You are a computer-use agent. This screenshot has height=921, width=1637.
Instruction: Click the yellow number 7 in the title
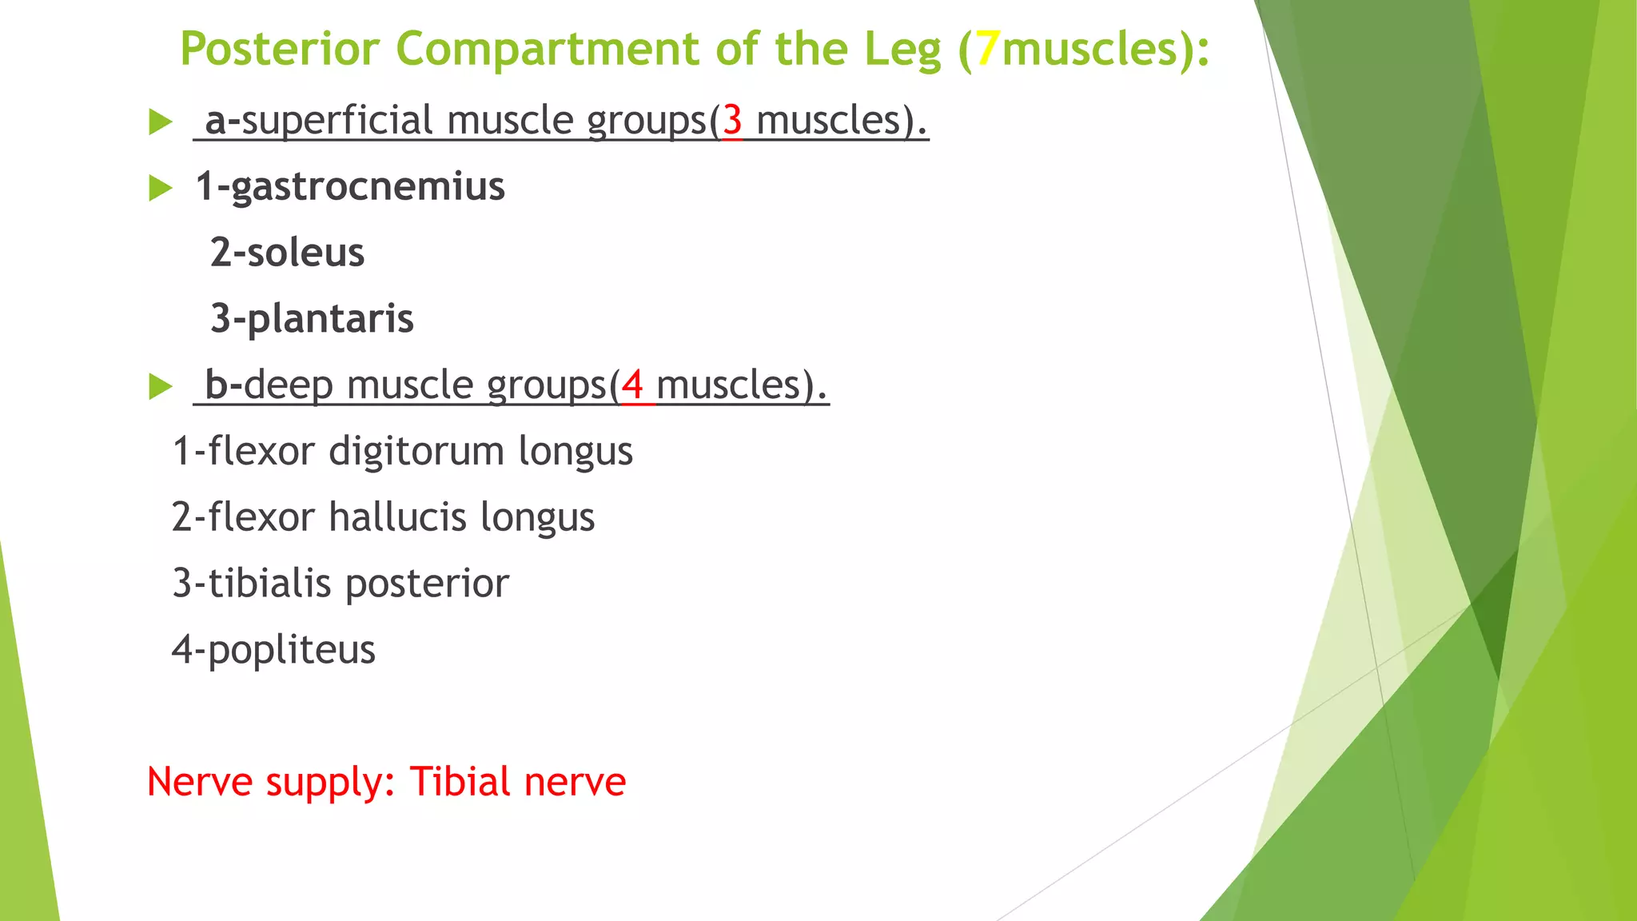(x=988, y=49)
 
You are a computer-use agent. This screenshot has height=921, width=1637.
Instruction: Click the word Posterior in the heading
(x=279, y=49)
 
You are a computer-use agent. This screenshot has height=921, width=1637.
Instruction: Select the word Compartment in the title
(x=548, y=49)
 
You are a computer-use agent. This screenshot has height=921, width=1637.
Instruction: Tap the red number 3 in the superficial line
(x=732, y=121)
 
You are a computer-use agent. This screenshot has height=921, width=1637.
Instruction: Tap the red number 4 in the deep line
(x=632, y=385)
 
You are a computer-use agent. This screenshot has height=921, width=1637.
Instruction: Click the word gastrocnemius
(x=368, y=187)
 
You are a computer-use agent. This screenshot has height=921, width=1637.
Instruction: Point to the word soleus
(x=305, y=253)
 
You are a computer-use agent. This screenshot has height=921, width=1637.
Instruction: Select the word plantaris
(x=330, y=319)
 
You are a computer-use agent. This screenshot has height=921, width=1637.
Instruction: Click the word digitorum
(x=416, y=451)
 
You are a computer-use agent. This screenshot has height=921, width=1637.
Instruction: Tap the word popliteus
(x=291, y=649)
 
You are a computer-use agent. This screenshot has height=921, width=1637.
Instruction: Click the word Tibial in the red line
(x=460, y=781)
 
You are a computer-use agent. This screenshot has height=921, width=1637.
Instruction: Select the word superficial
(x=337, y=121)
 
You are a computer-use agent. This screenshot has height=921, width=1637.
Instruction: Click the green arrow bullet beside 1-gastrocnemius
(x=161, y=189)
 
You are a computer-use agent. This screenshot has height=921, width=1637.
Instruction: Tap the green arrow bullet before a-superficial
(x=161, y=122)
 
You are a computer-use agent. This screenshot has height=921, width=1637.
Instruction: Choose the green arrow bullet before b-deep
(x=161, y=387)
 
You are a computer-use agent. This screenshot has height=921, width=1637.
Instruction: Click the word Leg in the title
(x=902, y=49)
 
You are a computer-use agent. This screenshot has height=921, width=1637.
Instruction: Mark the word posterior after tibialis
(x=427, y=583)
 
